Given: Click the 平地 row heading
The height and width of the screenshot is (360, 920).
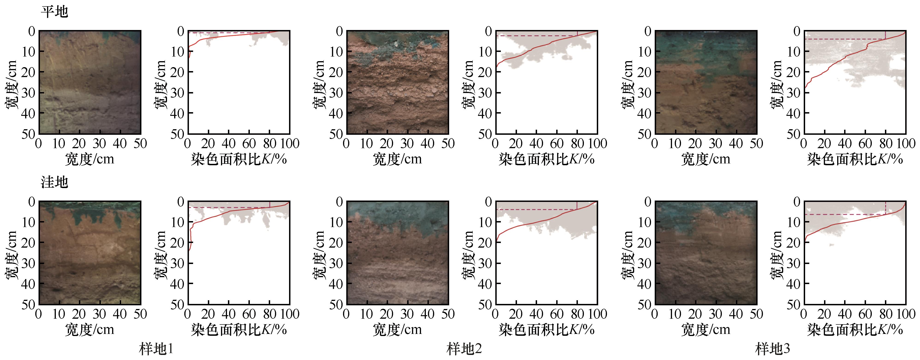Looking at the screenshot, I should coord(54,12).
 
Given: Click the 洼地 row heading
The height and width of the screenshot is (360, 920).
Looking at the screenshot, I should coord(54,182).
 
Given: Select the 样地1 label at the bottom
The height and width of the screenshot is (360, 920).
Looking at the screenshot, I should coord(156,348).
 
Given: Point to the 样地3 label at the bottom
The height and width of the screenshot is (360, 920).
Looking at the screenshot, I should coord(773,348).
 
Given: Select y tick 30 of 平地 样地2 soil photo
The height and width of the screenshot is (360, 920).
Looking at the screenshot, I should coord(336,93).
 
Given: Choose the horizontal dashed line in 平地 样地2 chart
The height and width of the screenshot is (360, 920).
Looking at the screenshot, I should coord(536,36).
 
